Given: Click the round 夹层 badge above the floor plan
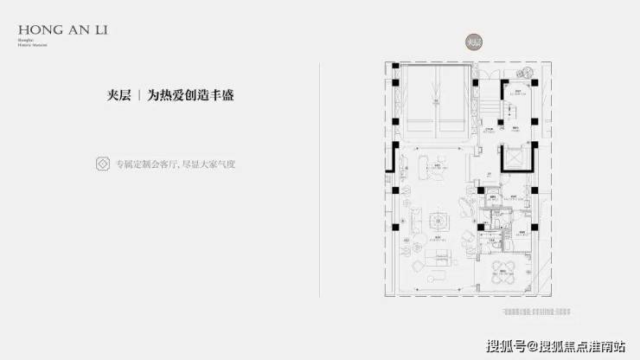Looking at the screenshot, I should [470, 42].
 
